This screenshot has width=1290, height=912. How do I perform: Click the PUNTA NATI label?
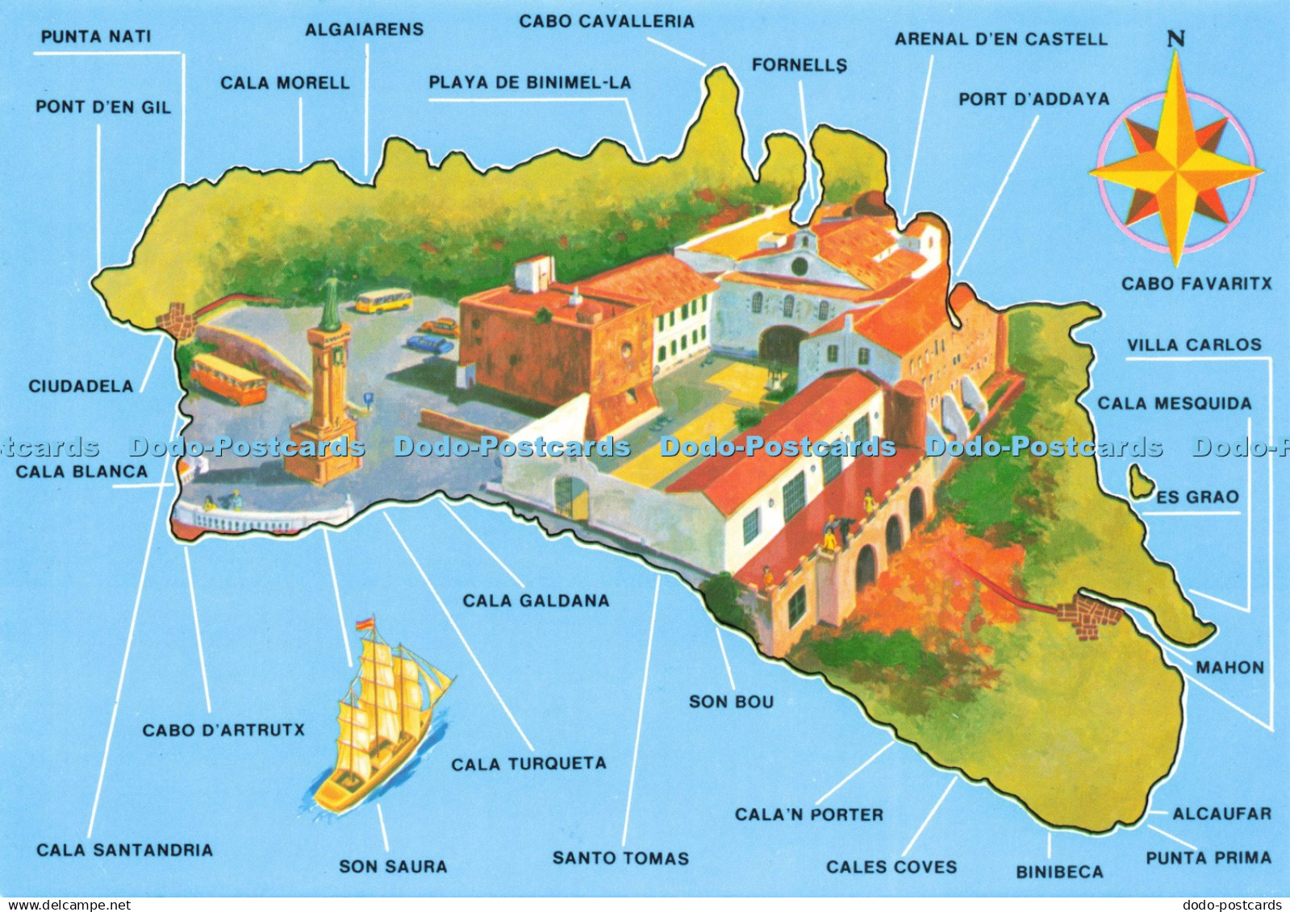pyautogui.click(x=96, y=37)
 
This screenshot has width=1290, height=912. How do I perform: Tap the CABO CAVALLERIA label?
pyautogui.click(x=606, y=22)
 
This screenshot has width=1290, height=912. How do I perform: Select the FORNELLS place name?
pyautogui.click(x=799, y=65)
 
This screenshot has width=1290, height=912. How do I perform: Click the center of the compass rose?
pyautogui.click(x=1176, y=171)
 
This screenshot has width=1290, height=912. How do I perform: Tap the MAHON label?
pyautogui.click(x=1229, y=668)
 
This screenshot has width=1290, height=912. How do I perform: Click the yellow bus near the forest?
pyautogui.click(x=383, y=302)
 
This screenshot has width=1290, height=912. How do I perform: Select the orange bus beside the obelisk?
pyautogui.click(x=228, y=379)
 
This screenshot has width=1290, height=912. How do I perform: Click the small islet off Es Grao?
pyautogui.click(x=1138, y=483)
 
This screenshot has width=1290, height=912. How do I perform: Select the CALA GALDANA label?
pyautogui.click(x=536, y=601)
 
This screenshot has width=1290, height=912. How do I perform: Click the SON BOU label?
pyautogui.click(x=731, y=702)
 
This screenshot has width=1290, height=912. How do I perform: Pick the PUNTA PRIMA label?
pyautogui.click(x=1208, y=858)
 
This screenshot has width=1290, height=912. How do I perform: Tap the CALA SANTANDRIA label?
pyautogui.click(x=125, y=850)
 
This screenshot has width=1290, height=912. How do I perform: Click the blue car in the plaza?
pyautogui.click(x=429, y=344)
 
